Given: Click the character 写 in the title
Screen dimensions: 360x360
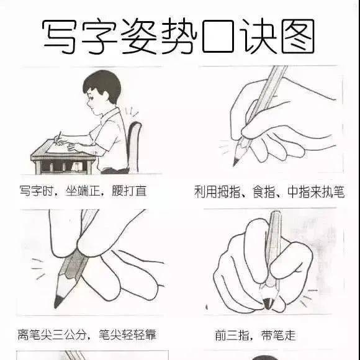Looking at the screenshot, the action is pyautogui.click(x=59, y=37).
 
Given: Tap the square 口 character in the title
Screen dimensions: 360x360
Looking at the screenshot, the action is pyautogui.click(x=218, y=36).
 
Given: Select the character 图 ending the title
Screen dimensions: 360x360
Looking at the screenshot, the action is pyautogui.click(x=298, y=36).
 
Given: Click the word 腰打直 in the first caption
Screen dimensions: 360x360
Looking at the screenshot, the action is pyautogui.click(x=129, y=191).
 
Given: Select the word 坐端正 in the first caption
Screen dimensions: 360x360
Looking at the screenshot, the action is pyautogui.click(x=83, y=191).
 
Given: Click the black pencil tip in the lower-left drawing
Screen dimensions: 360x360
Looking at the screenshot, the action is pyautogui.click(x=58, y=302).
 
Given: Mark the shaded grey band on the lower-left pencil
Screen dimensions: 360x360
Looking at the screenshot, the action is pyautogui.click(x=73, y=266).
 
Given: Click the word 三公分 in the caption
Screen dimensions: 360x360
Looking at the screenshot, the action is pyautogui.click(x=69, y=335).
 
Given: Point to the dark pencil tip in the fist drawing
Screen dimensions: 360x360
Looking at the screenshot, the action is pyautogui.click(x=268, y=303).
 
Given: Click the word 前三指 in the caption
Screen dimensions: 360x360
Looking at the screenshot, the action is pyautogui.click(x=232, y=335).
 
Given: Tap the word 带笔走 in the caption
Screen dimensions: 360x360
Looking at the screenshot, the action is pyautogui.click(x=278, y=335).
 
